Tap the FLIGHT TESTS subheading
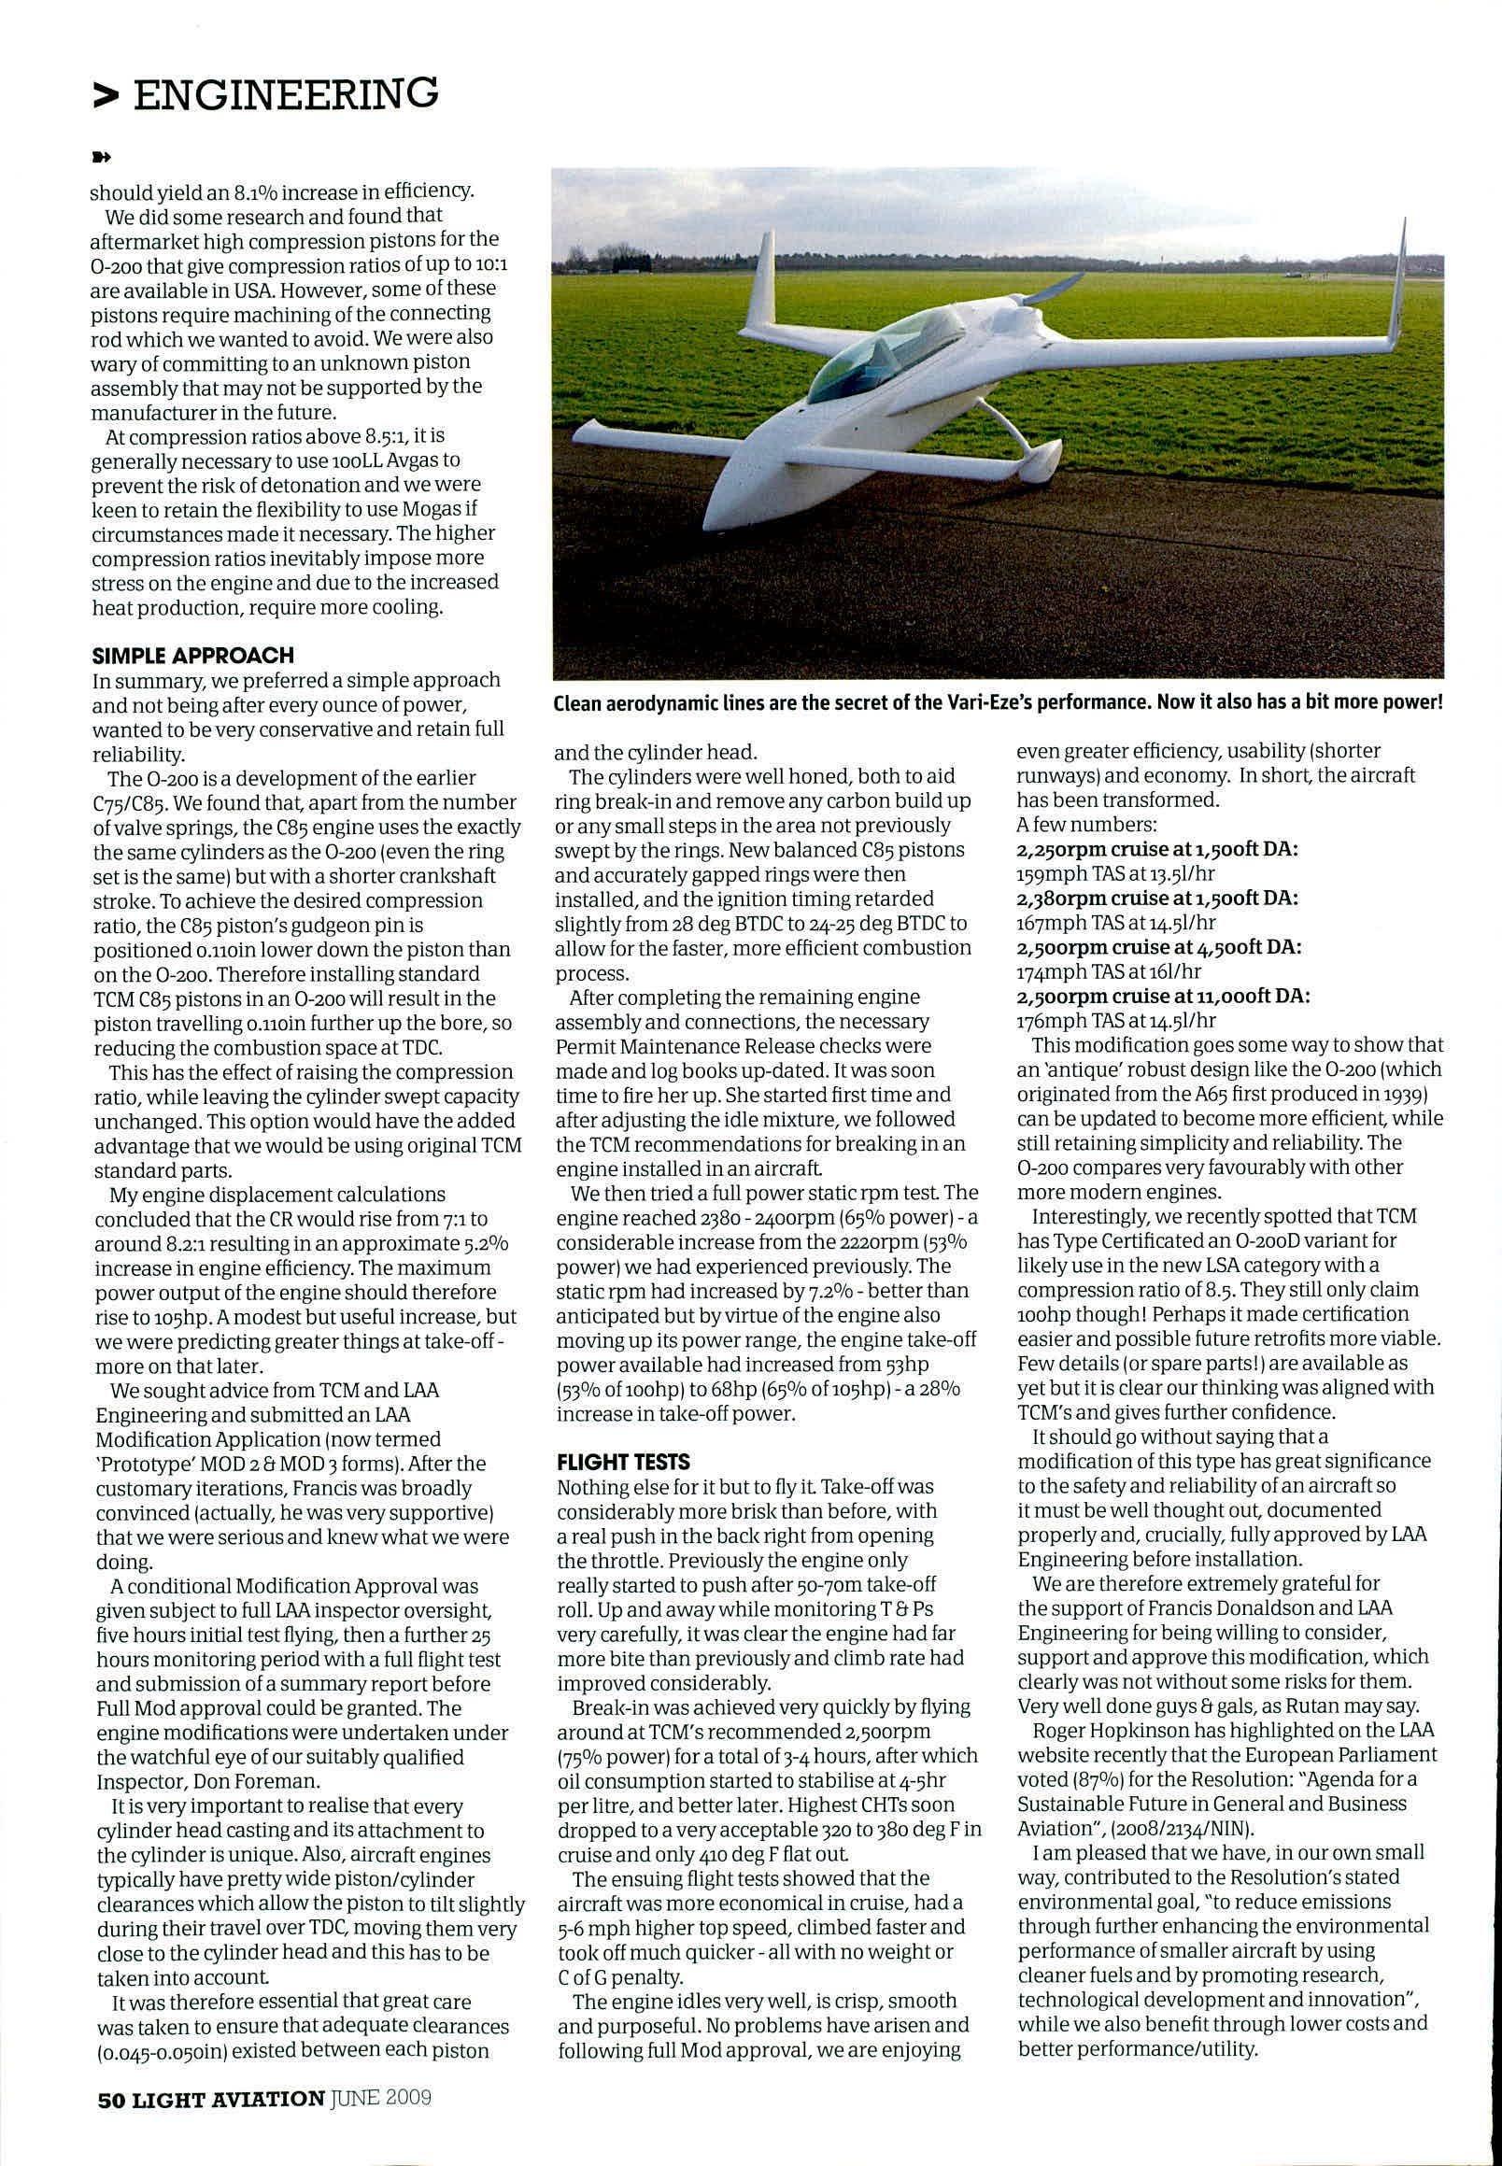(x=623, y=1461)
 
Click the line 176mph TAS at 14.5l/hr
(x=1116, y=1021)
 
